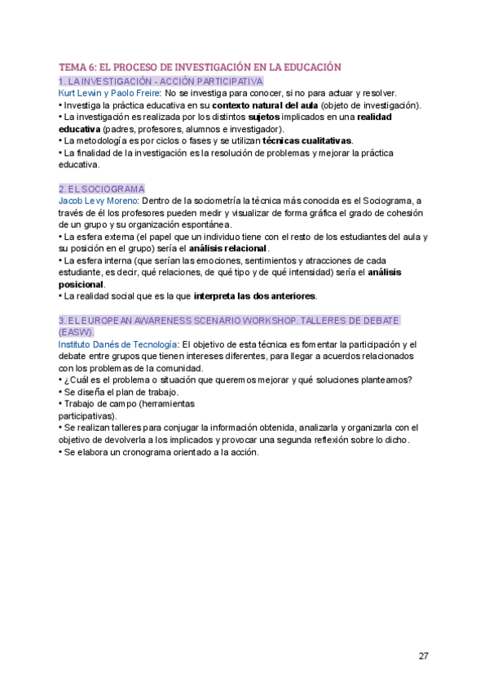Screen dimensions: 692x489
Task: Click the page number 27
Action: coord(423,656)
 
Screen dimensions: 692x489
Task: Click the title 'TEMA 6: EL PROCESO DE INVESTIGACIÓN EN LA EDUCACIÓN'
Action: coord(200,67)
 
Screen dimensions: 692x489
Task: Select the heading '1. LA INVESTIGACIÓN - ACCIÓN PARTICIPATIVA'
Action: coord(161,82)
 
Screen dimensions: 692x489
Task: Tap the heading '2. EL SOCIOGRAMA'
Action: coord(101,189)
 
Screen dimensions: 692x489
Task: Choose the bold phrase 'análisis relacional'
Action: coord(227,248)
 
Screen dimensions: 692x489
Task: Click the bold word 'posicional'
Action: coord(81,284)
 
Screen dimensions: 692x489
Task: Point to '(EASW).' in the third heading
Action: coord(77,332)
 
